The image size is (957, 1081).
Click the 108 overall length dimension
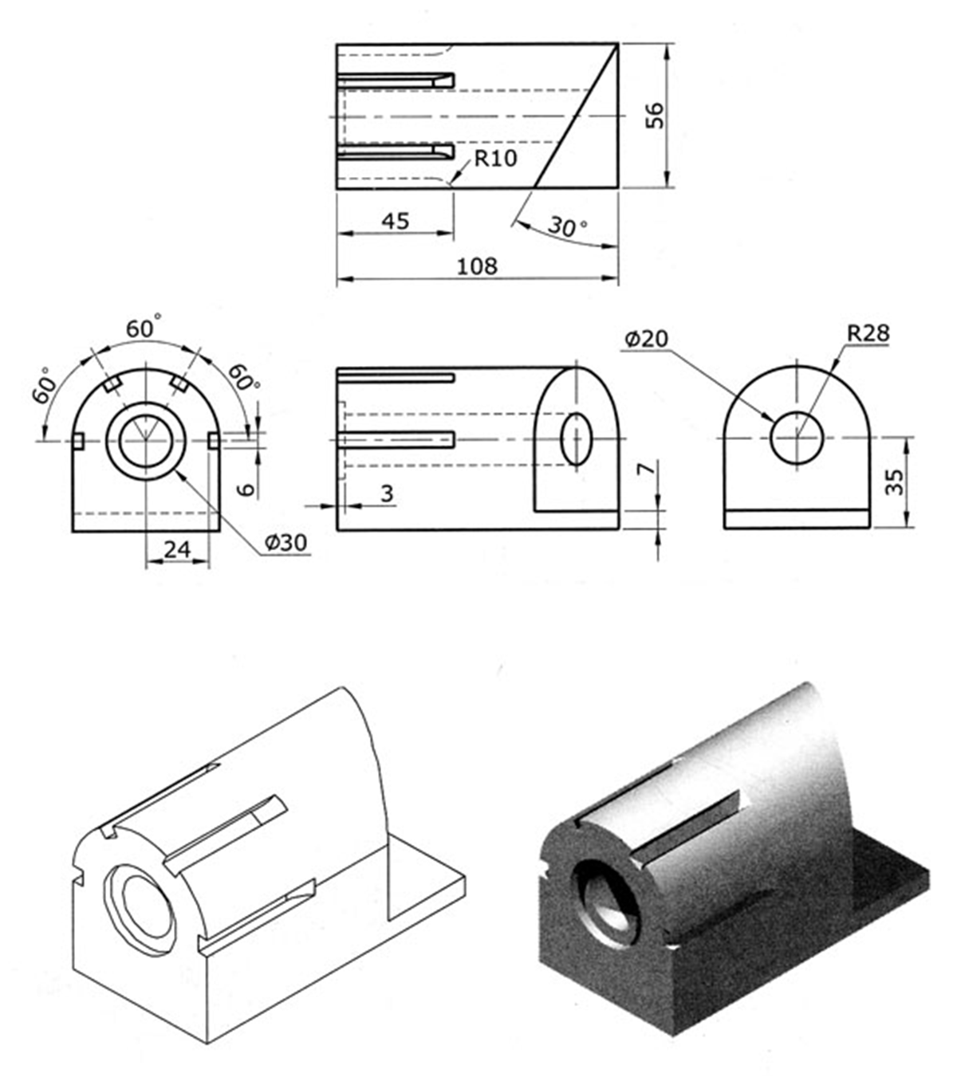pyautogui.click(x=477, y=265)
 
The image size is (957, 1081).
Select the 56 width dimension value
pyautogui.click(x=655, y=116)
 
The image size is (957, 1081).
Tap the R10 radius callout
pyautogui.click(x=496, y=158)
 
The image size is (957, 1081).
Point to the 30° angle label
pyautogui.click(x=567, y=226)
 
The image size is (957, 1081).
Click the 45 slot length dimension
pyautogui.click(x=396, y=220)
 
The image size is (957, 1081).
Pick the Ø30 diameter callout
pyautogui.click(x=286, y=543)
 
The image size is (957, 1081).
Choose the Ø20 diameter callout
pyautogui.click(x=646, y=338)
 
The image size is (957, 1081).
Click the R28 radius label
pyautogui.click(x=868, y=333)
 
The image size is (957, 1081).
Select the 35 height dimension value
pyautogui.click(x=894, y=482)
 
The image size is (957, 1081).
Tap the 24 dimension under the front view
pyautogui.click(x=177, y=549)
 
